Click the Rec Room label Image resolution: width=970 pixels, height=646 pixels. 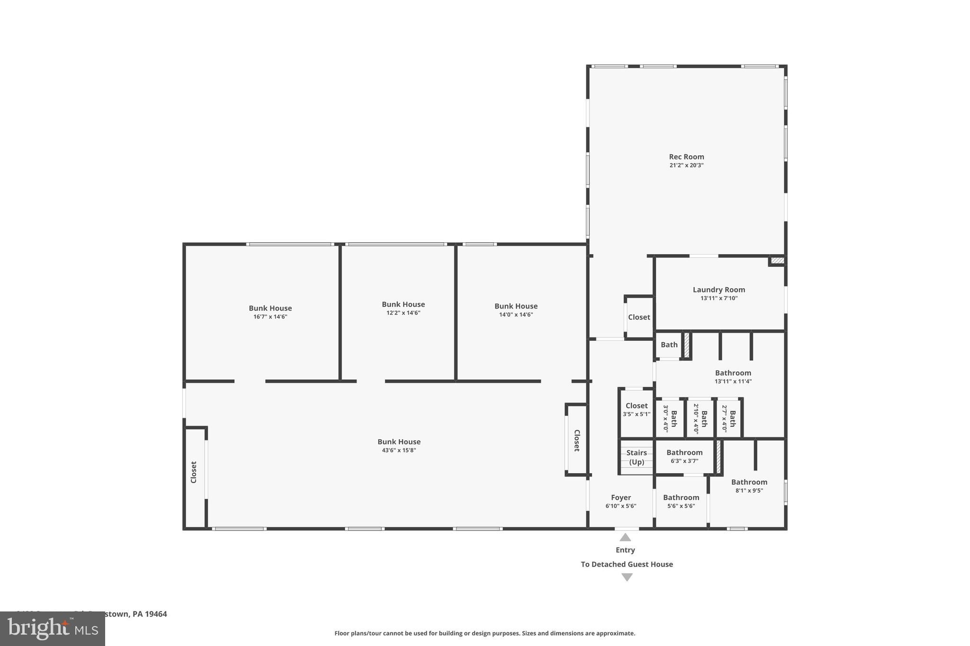pos(686,157)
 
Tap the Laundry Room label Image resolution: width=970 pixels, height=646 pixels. pos(719,290)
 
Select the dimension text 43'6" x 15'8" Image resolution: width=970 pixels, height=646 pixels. pos(399,450)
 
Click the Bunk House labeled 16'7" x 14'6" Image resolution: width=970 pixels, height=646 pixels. pos(270,308)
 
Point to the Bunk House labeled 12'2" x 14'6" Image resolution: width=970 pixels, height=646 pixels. pos(403,304)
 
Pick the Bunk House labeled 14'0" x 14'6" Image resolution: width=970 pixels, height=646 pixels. pos(516,306)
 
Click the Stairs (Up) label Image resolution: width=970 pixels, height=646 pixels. pos(637,457)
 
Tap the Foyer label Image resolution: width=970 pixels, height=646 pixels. pos(620,497)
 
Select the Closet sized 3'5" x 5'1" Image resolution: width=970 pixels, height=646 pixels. pos(637,406)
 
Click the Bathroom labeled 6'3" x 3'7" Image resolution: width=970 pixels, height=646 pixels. pos(684,452)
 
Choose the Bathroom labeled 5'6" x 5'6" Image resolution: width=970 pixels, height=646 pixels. pos(681,497)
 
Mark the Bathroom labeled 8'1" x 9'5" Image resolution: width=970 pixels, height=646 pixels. pos(749,482)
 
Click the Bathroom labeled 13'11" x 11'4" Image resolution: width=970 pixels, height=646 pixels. pos(733,373)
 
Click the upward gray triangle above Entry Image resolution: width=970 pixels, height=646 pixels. pos(625,537)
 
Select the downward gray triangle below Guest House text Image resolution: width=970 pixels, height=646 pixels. pos(627,577)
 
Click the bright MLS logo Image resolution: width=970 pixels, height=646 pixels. pos(53,629)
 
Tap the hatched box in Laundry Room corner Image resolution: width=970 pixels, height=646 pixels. pos(777,260)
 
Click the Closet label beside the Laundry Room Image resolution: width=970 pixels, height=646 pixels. pos(639,317)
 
